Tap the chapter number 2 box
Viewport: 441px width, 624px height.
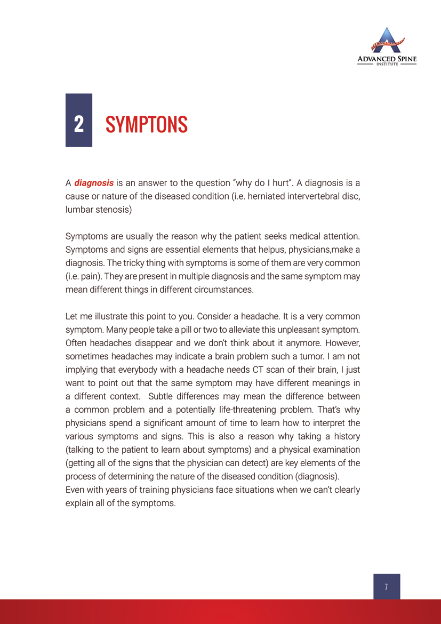click(x=78, y=120)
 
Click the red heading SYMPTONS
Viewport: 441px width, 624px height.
click(x=147, y=124)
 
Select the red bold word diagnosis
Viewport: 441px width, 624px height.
click(x=94, y=183)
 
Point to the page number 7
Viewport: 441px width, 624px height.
click(x=386, y=587)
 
